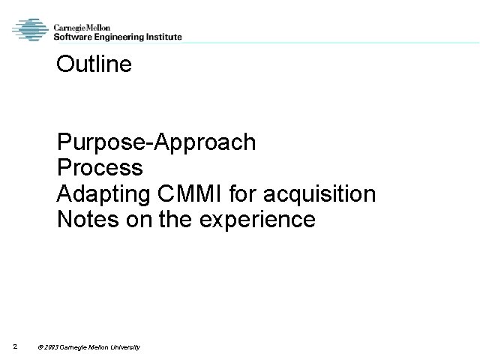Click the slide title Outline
point(94,64)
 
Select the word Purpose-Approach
point(156,142)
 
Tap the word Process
point(99,168)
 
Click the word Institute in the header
point(162,37)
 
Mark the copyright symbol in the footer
point(40,346)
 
